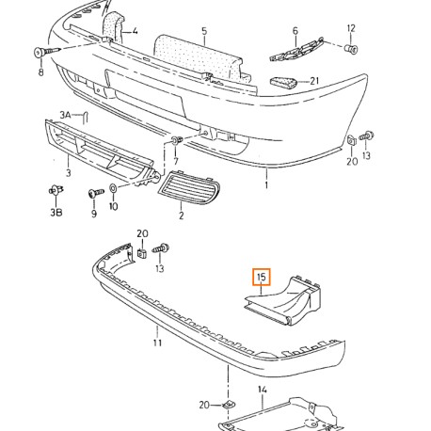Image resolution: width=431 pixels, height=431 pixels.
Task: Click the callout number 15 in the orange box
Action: pos(261,277)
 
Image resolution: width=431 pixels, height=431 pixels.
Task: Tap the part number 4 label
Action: pos(135,31)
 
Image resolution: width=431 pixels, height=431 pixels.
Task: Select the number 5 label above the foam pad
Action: pos(204,31)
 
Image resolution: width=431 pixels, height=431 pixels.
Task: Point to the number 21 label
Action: pos(314,81)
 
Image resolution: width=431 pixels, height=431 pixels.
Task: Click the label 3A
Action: pos(65,115)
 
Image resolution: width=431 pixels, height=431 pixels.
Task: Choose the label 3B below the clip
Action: pos(56,213)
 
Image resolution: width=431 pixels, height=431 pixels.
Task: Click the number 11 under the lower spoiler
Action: pos(157,343)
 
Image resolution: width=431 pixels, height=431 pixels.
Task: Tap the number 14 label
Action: pos(263,390)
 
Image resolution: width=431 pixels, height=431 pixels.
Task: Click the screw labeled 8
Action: pos(46,52)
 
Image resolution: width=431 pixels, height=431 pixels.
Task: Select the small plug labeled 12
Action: pos(352,49)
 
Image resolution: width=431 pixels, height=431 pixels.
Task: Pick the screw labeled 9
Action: pos(96,192)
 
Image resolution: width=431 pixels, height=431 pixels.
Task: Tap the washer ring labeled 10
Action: pos(112,188)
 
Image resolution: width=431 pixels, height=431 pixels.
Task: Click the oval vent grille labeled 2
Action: pos(189,185)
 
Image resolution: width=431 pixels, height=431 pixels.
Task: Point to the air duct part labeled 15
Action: pos(284,300)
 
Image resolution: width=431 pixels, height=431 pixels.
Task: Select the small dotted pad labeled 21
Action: pos(283,82)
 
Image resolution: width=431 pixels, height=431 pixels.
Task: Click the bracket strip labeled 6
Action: pos(296,50)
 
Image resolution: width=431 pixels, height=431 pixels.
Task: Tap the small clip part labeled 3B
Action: pos(56,190)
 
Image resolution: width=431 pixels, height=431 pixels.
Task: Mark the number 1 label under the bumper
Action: pos(266,185)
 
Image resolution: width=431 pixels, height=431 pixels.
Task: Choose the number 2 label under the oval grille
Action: pos(181,215)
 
